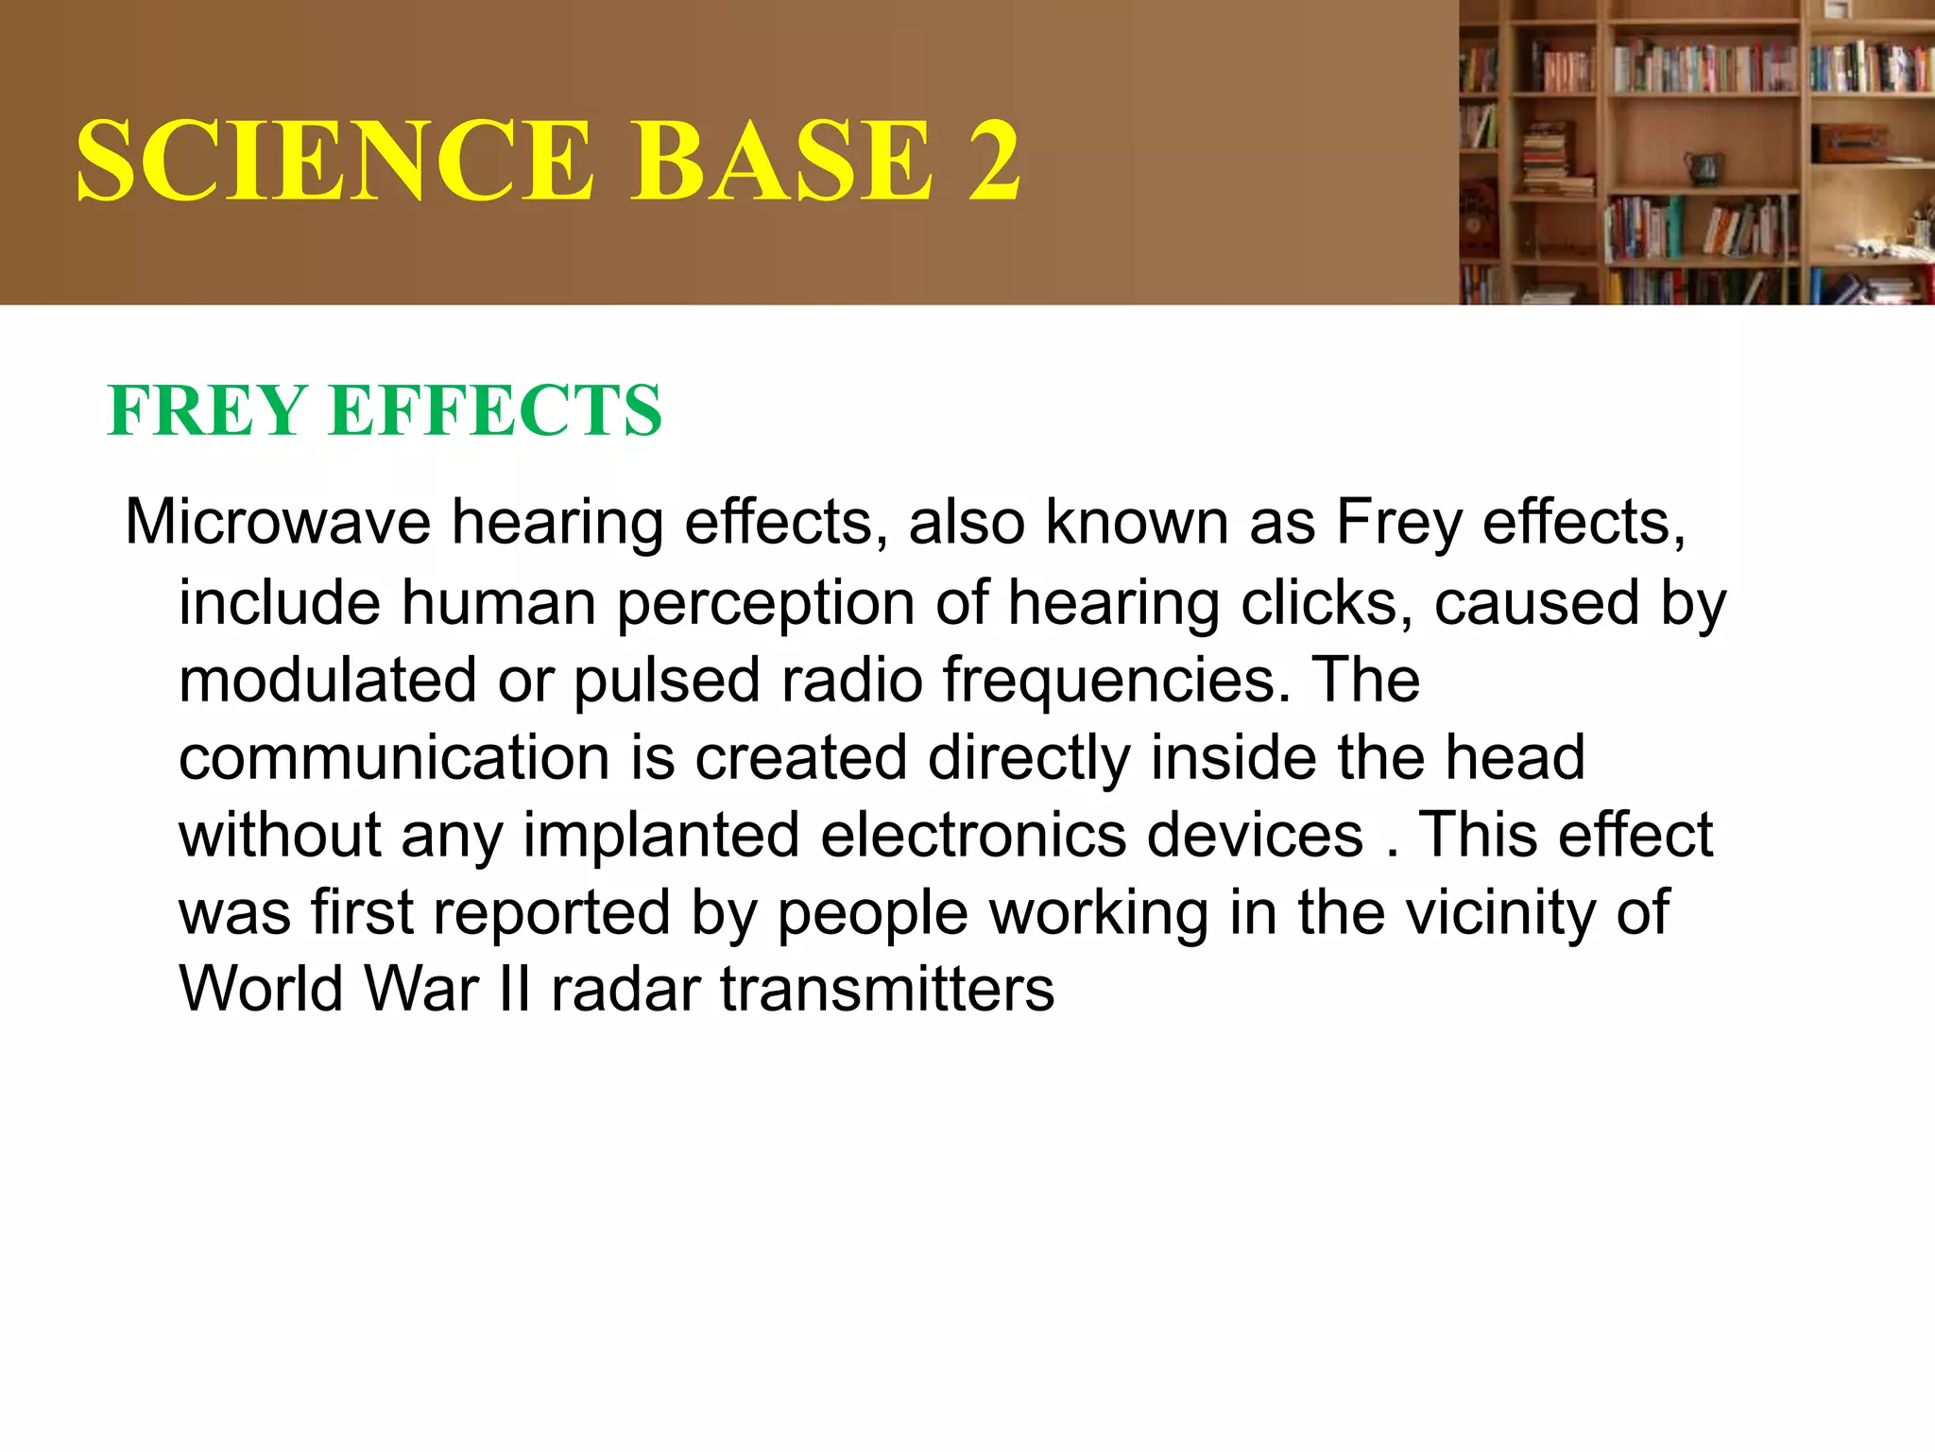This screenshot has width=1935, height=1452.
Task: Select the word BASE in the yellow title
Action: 783,161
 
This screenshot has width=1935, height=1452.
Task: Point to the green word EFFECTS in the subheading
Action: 495,411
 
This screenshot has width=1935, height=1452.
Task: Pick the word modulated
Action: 327,681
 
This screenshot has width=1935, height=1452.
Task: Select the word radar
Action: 625,991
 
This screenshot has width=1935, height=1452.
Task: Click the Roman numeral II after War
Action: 515,991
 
